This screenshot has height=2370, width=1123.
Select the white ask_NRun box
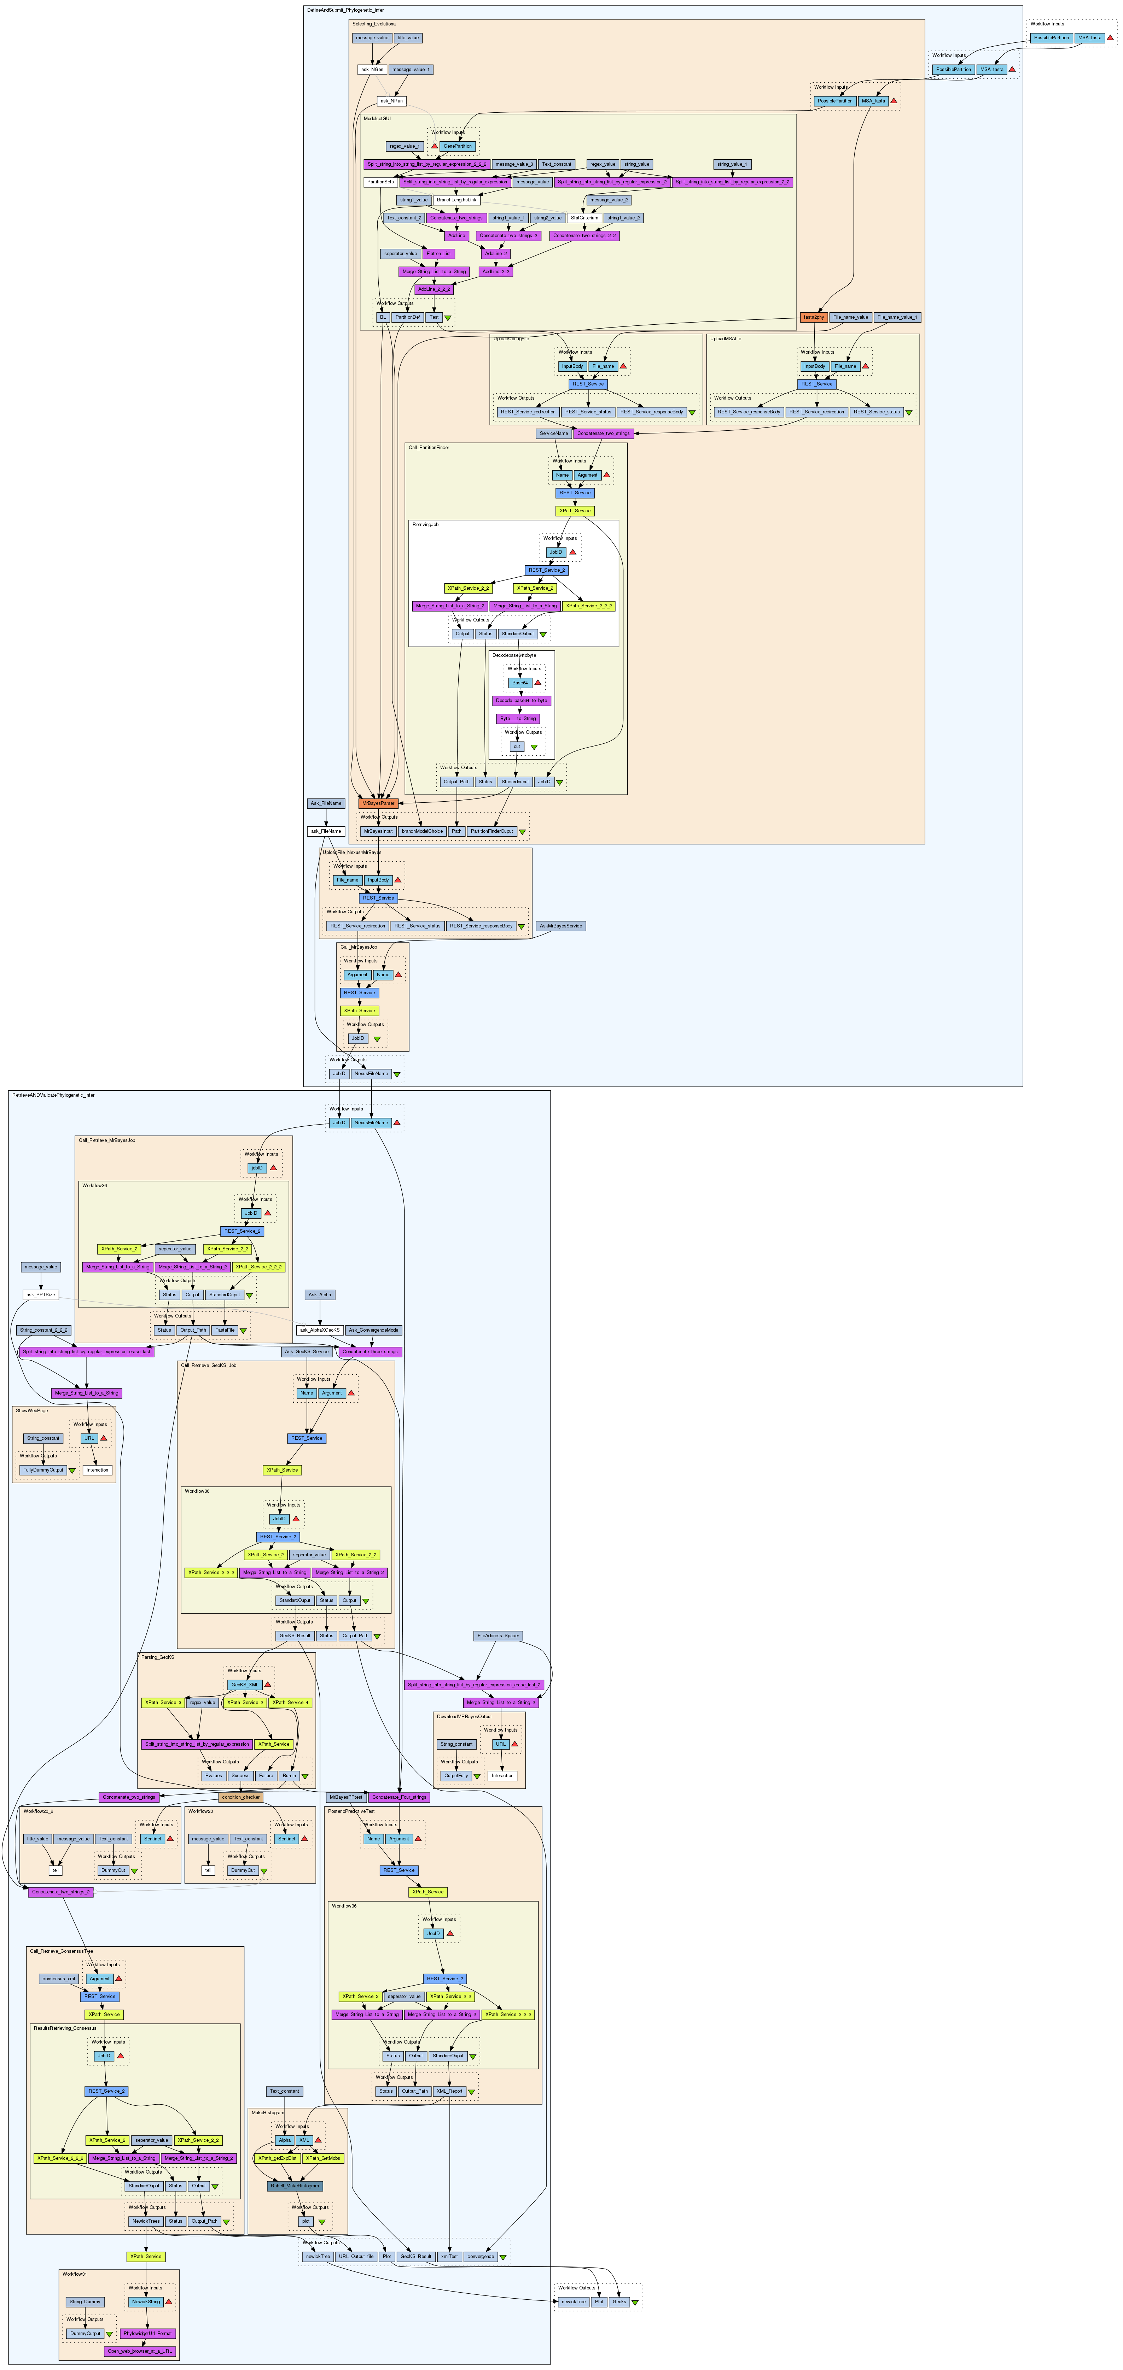tap(391, 101)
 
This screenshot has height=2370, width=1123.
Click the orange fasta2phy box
tap(813, 317)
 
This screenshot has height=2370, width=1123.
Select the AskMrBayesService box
tap(560, 926)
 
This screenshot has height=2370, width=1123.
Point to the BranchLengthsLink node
tap(456, 200)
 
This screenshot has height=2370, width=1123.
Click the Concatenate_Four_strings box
tap(398, 1797)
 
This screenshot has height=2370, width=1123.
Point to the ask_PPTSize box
tap(41, 1295)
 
